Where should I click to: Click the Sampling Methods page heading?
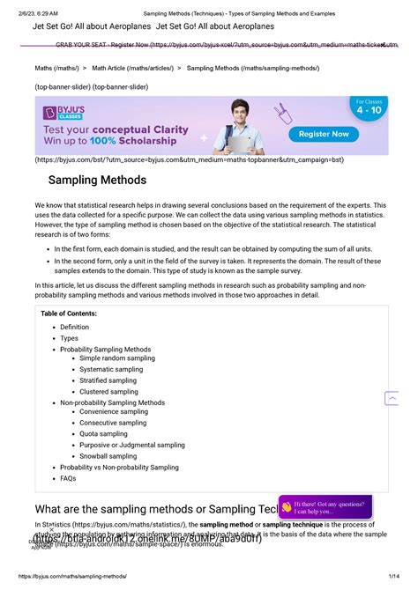(97, 180)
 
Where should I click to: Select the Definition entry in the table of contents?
(74, 327)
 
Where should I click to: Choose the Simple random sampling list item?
(116, 358)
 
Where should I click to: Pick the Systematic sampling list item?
(111, 370)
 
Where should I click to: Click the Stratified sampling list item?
(108, 380)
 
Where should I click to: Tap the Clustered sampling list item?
(108, 392)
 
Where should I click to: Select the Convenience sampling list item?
(114, 412)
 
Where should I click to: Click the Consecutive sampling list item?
(113, 423)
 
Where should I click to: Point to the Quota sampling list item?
(103, 433)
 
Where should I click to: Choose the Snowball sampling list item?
(108, 456)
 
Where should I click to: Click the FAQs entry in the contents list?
(68, 478)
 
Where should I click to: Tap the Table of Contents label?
(69, 313)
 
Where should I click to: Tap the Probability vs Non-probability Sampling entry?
(119, 468)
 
